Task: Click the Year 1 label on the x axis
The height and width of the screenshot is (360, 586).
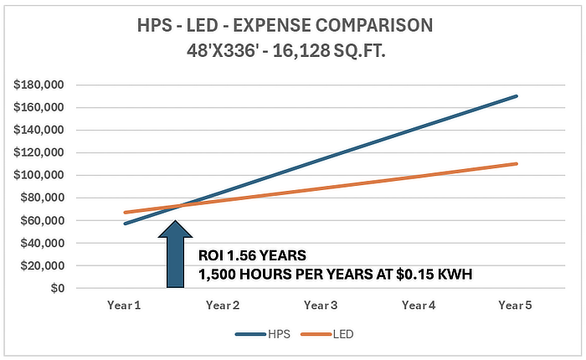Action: pos(124,306)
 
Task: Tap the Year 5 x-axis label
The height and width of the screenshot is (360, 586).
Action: pos(517,306)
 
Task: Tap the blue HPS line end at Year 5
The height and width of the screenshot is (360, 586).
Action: pos(517,96)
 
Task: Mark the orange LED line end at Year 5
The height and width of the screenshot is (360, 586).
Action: pos(517,163)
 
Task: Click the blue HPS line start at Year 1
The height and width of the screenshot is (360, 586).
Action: pos(124,224)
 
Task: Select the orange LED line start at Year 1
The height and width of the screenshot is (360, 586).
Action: pos(124,213)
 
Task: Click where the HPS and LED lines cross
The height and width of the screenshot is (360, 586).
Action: pos(177,205)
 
